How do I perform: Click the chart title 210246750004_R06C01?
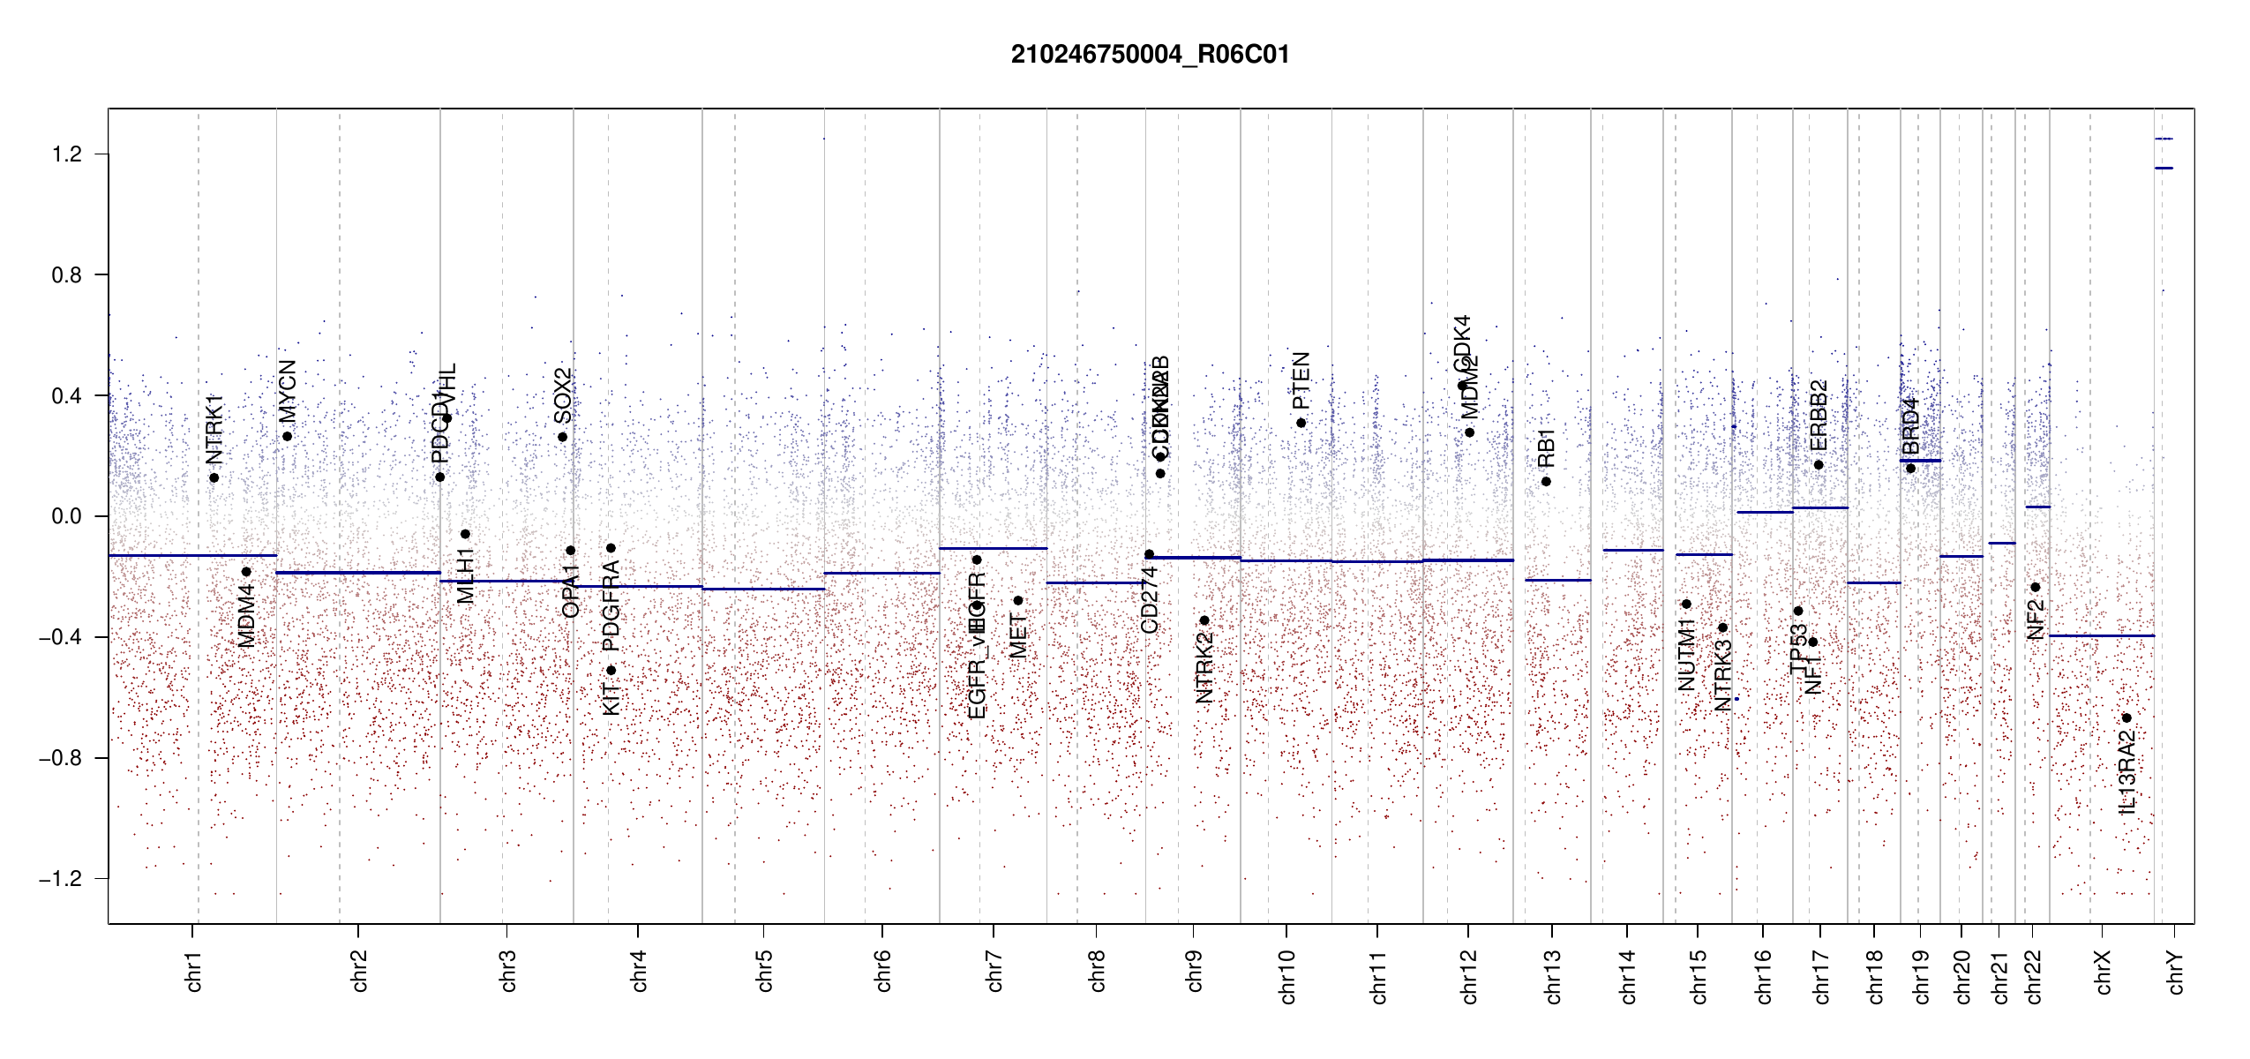pos(1150,55)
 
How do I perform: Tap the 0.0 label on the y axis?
pos(67,516)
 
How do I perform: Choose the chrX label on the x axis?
pos(2103,972)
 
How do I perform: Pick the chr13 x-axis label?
pos(1552,976)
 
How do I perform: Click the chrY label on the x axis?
pos(2176,972)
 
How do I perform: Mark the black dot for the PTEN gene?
pos(1301,423)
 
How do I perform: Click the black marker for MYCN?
pos(288,436)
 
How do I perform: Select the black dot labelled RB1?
pos(1546,481)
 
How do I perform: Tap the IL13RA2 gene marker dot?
pos(2126,717)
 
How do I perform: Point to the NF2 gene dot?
pos(2035,587)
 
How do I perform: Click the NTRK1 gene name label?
pos(214,430)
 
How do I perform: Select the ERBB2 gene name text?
pos(1819,415)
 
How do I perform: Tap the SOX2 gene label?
pos(563,396)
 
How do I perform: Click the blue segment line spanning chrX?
pos(2101,635)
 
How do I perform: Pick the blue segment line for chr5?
pos(763,589)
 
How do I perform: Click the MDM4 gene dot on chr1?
pos(246,572)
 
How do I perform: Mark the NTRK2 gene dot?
pos(1204,620)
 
